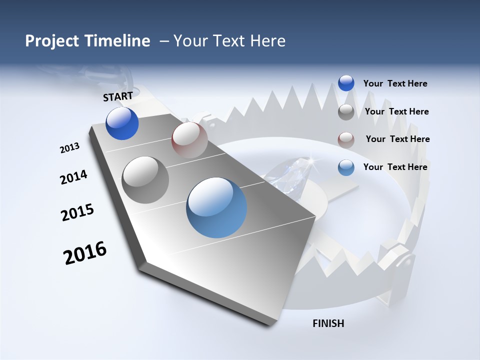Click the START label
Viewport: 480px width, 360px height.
[118, 96]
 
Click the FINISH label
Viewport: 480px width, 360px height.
[328, 323]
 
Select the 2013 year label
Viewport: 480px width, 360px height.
[69, 148]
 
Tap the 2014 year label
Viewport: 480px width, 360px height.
[73, 177]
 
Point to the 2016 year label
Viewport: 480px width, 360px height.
[85, 252]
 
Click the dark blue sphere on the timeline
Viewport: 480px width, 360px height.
[122, 123]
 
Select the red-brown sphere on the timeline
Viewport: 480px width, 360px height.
[189, 140]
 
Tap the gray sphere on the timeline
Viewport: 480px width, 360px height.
[145, 180]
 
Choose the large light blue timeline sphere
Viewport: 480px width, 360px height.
[216, 207]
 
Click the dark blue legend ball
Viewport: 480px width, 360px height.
[346, 83]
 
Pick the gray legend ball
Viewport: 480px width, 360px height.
[346, 112]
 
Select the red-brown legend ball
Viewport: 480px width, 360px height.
[346, 139]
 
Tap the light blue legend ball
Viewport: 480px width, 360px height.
[346, 167]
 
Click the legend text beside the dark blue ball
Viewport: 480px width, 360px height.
[395, 84]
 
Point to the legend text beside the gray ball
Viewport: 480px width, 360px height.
[396, 111]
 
